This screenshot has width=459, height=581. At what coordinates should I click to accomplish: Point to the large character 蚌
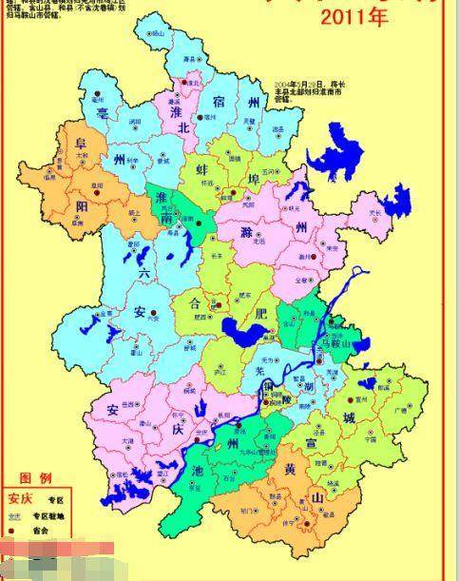pyautogui.click(x=202, y=170)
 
